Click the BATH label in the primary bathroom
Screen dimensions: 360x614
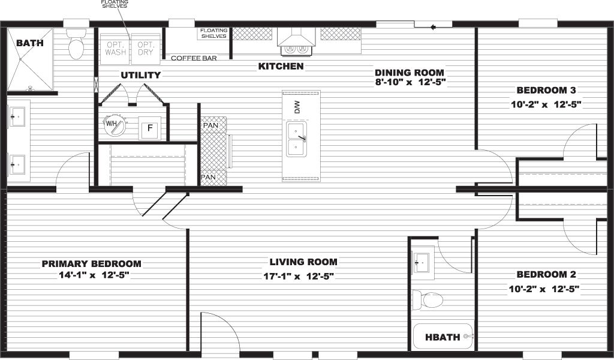click(28, 43)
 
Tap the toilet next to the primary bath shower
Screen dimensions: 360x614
click(76, 47)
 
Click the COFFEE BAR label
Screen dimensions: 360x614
click(194, 58)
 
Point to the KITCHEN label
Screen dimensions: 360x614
click(281, 66)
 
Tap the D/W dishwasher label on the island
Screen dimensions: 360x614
click(296, 107)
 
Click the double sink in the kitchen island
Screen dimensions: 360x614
click(296, 139)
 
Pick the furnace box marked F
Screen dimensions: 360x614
click(149, 128)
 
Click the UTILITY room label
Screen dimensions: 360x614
click(140, 76)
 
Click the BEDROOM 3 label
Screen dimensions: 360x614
click(546, 91)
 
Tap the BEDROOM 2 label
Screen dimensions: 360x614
click(546, 275)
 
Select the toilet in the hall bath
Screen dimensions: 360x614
click(429, 298)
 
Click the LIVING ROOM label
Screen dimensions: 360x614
click(303, 262)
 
